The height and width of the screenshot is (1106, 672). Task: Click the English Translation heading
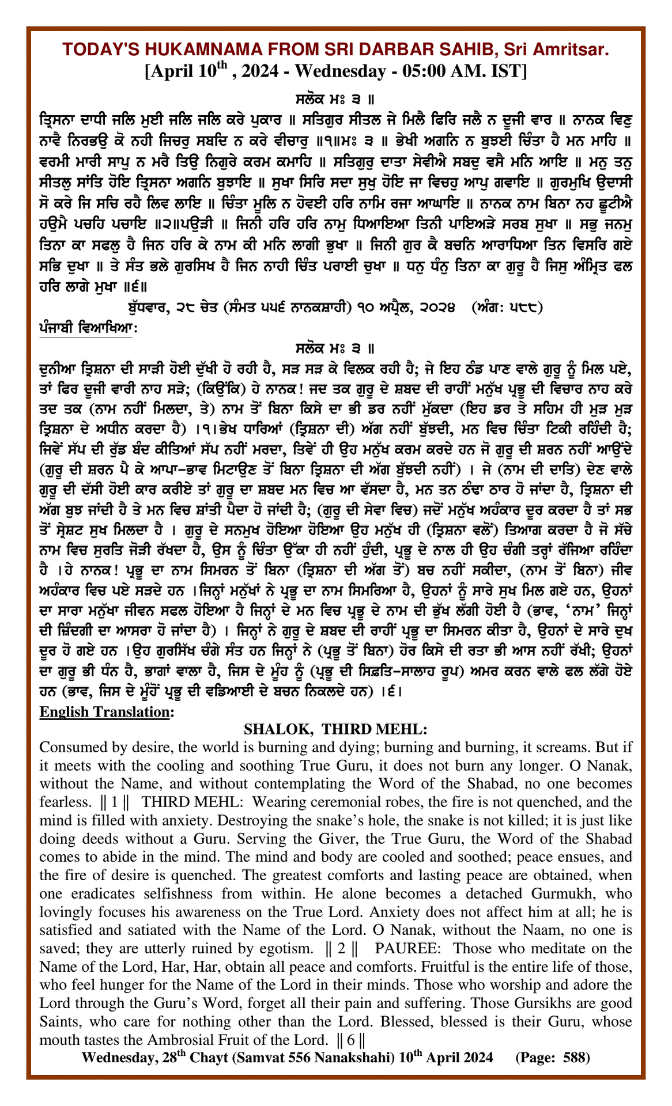tap(105, 712)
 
